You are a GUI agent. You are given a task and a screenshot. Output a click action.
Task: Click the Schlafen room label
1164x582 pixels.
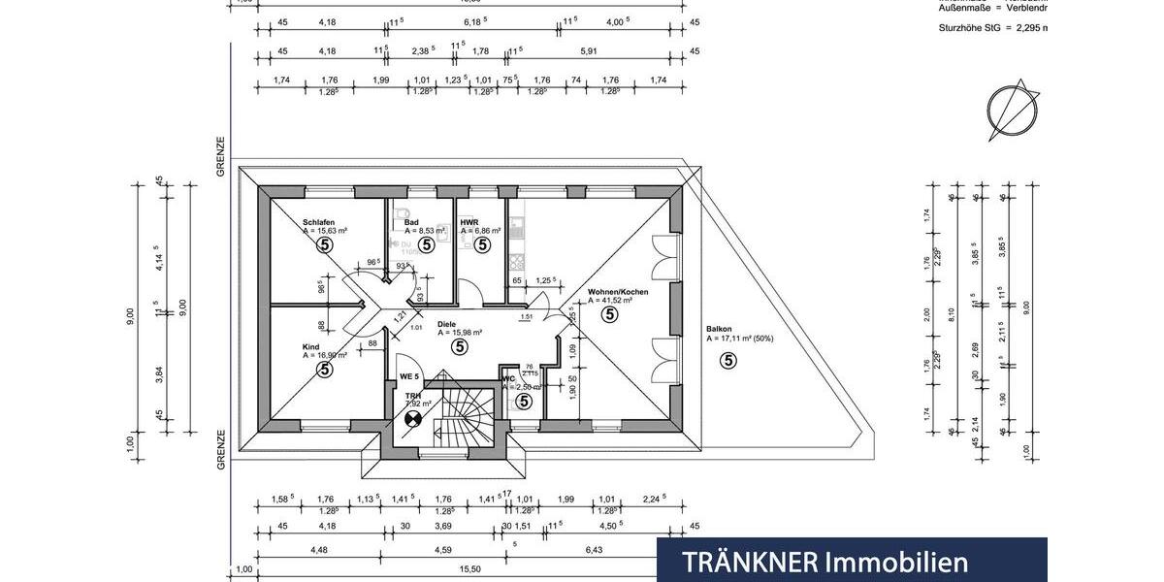(x=319, y=222)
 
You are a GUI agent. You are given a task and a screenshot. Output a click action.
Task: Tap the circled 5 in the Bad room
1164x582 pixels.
(x=427, y=244)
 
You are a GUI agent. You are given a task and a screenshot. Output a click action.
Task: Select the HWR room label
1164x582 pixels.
(x=470, y=222)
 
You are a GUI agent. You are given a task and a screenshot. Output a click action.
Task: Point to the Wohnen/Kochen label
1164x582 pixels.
(x=617, y=292)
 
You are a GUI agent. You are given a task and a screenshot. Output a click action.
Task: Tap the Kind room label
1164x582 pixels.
(x=311, y=346)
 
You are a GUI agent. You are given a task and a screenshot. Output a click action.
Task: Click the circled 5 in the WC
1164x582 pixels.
(x=524, y=401)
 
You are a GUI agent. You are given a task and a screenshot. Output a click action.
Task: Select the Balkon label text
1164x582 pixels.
(x=720, y=329)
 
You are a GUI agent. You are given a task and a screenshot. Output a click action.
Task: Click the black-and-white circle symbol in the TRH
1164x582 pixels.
(x=413, y=419)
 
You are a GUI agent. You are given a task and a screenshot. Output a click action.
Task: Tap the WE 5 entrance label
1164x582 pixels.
(x=410, y=376)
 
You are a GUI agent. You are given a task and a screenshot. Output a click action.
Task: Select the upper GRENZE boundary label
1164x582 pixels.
(x=221, y=155)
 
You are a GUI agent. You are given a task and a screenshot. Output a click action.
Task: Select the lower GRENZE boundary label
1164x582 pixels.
(x=221, y=449)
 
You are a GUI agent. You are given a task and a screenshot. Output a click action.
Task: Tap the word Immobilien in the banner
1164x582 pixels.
(x=897, y=562)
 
